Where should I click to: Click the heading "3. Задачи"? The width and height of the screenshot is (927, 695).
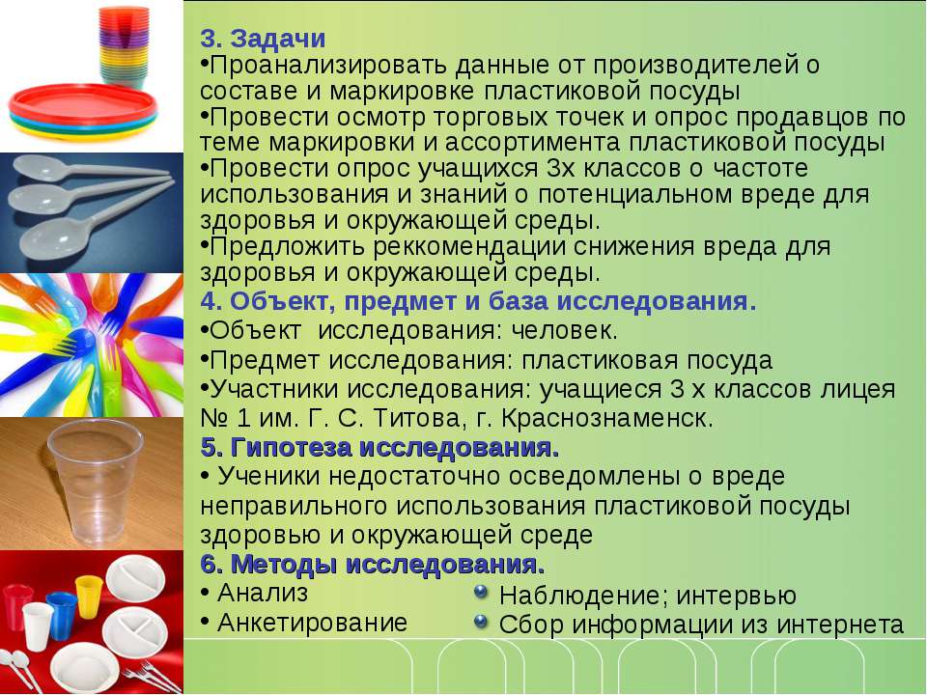tap(263, 39)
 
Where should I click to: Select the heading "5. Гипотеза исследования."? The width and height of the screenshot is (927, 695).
tap(379, 447)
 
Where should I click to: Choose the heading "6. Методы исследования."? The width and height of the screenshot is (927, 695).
tap(373, 565)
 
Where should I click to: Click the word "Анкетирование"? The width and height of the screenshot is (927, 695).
tap(312, 623)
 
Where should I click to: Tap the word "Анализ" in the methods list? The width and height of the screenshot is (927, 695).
tap(263, 593)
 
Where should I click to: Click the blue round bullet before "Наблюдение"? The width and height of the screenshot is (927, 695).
tap(481, 592)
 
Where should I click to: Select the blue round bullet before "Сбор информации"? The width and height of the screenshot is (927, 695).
tap(481, 621)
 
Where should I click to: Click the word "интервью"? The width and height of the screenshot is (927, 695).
tap(736, 596)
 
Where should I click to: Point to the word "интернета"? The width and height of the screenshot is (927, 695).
tap(840, 625)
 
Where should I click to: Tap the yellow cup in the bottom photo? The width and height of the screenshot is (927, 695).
tap(89, 597)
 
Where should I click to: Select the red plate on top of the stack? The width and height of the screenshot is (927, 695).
tap(83, 104)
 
